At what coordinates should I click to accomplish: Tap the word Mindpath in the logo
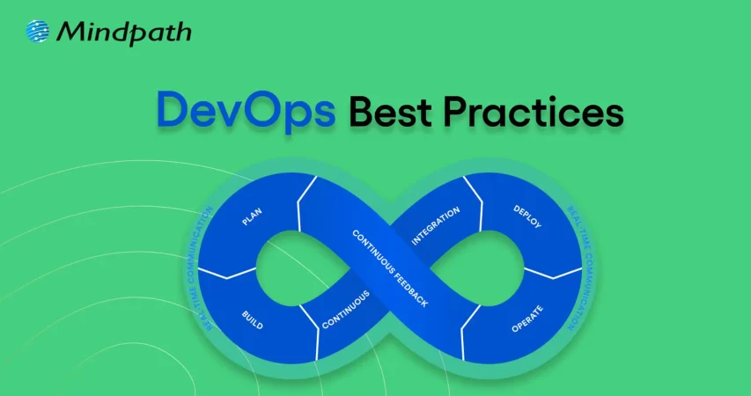click(123, 33)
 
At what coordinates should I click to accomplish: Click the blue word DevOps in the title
click(244, 114)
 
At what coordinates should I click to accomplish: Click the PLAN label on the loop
click(254, 216)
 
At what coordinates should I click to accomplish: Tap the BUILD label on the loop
click(252, 319)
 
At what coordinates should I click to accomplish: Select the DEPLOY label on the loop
click(526, 217)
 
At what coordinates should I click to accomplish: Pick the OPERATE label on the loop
click(526, 318)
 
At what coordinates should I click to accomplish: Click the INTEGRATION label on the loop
click(437, 224)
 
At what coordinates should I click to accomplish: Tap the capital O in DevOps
click(273, 114)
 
